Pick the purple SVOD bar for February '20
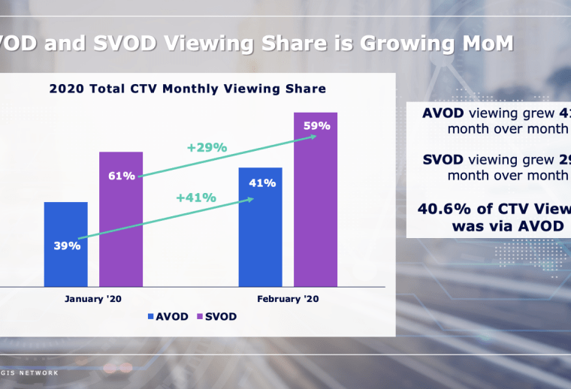316,210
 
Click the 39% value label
67,246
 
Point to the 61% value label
122,176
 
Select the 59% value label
316,126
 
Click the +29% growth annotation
207,147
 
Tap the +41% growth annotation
196,198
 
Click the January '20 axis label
93,298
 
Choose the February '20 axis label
288,298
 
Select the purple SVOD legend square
200,317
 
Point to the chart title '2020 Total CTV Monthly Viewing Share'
188,89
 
